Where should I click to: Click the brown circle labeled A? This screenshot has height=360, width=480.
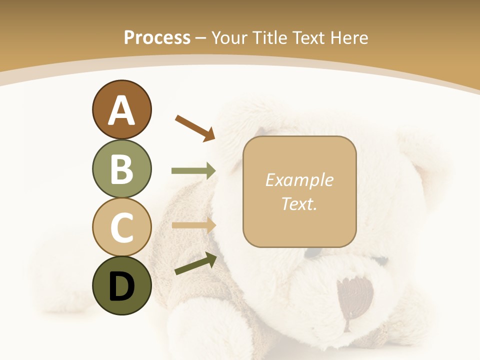coord(121,110)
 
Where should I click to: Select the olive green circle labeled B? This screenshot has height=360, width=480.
coord(121,168)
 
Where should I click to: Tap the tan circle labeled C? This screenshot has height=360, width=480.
coord(121,227)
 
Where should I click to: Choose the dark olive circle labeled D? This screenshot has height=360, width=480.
coord(121,285)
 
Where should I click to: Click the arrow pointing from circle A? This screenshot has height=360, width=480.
coord(194,127)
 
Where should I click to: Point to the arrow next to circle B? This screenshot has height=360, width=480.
coord(193,171)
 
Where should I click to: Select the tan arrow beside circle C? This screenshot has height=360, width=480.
coord(193,225)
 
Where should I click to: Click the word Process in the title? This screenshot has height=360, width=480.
coord(157,37)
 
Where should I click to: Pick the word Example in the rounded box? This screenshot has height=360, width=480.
coord(299,180)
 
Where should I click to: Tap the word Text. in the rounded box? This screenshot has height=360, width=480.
coord(299,203)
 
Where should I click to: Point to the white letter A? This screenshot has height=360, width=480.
coord(121,110)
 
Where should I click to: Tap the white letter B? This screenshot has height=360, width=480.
coord(121,169)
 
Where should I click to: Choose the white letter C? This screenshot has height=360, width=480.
coord(121,227)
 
